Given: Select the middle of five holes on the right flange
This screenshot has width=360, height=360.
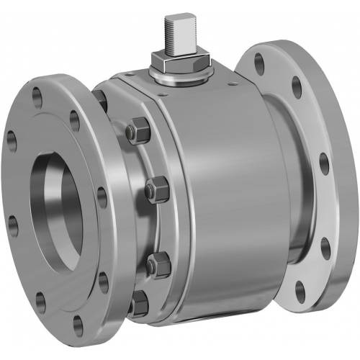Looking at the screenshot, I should point(322,165).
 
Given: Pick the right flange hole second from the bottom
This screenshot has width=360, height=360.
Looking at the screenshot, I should point(325,247).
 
